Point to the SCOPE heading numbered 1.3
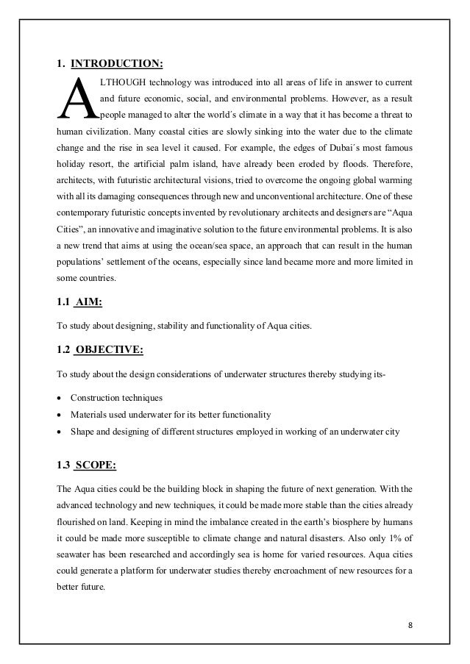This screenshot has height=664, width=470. (x=98, y=463)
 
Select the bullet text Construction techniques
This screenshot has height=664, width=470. (x=116, y=398)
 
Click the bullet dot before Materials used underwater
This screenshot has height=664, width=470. (x=60, y=415)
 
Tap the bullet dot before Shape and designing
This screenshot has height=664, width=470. (x=60, y=433)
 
